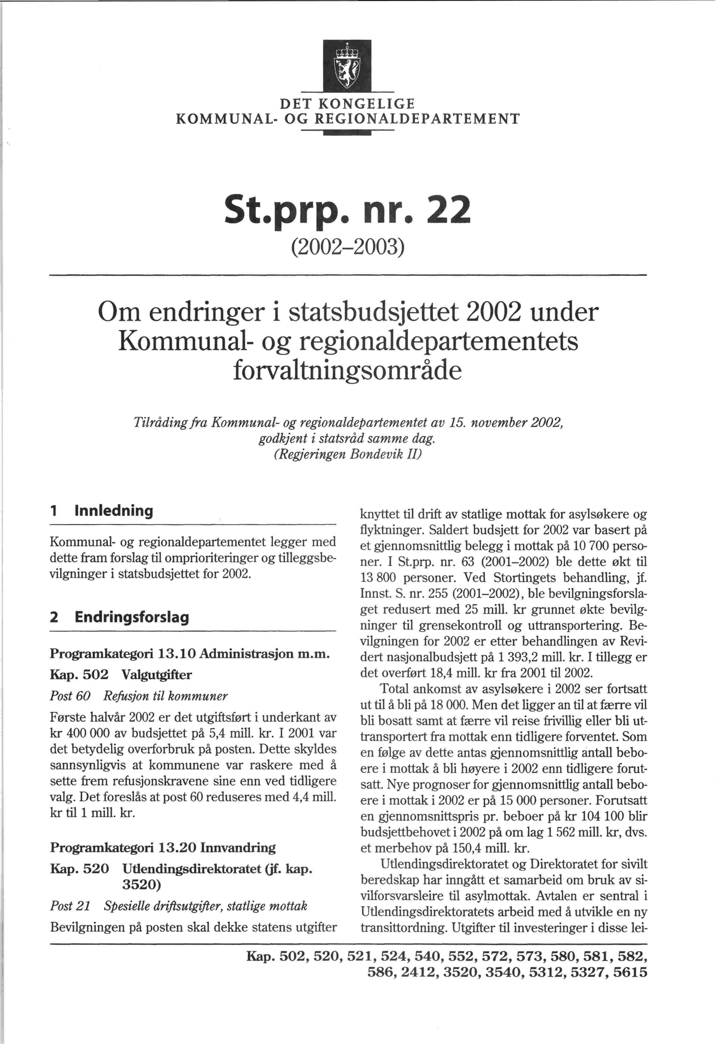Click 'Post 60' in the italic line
[70, 696]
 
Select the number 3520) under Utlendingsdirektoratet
[142, 884]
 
